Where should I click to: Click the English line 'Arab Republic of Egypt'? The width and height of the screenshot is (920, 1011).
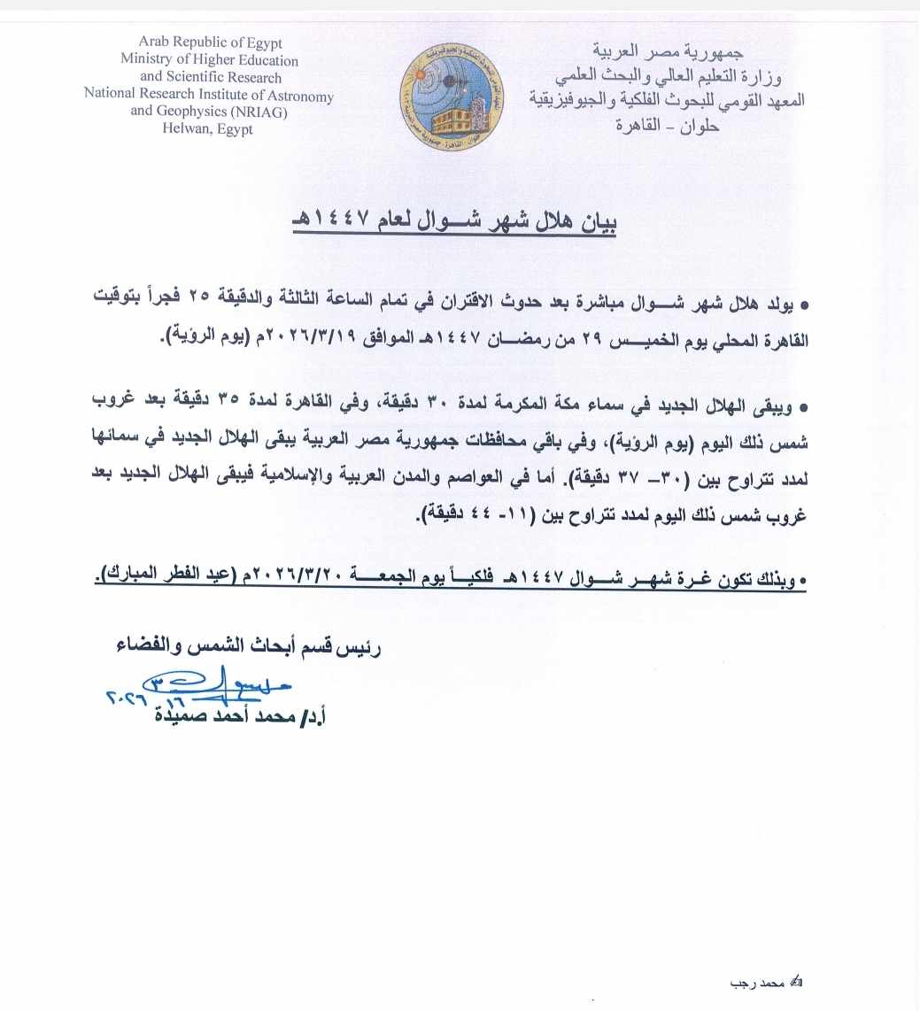coord(210,43)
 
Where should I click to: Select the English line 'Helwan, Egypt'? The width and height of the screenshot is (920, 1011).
coord(208,128)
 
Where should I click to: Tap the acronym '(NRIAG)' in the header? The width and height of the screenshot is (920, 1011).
coord(256,112)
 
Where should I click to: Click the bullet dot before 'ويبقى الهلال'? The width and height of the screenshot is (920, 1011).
coord(803,405)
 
